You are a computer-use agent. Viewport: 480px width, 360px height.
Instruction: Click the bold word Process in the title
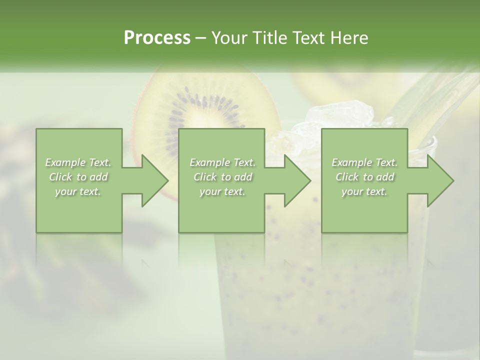[157, 38]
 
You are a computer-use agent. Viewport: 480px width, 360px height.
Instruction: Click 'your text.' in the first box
[78, 191]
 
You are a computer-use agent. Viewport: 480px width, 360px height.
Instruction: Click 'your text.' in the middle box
[222, 191]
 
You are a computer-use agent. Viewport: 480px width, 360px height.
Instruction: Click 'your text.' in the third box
[364, 191]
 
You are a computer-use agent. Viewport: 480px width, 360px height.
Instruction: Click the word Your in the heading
[229, 38]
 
